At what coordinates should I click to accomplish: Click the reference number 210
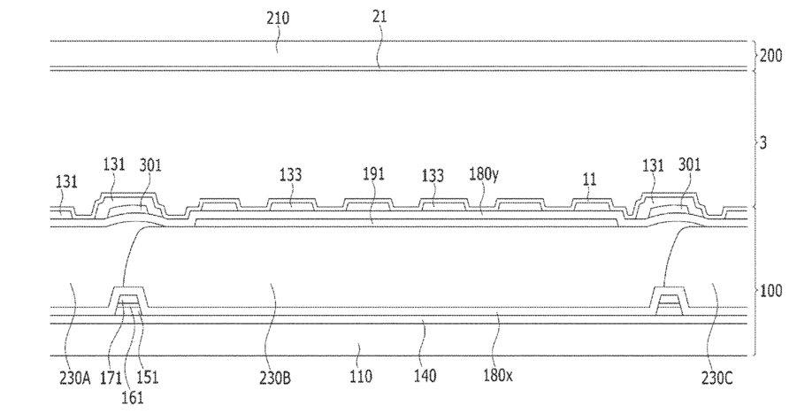pos(277,17)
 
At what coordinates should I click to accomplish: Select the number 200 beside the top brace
pos(770,55)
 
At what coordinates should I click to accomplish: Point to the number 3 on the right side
pos(763,141)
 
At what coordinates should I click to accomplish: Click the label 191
pos(374,174)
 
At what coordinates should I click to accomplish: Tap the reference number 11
pos(588,179)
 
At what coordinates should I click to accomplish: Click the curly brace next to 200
pos(753,55)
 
